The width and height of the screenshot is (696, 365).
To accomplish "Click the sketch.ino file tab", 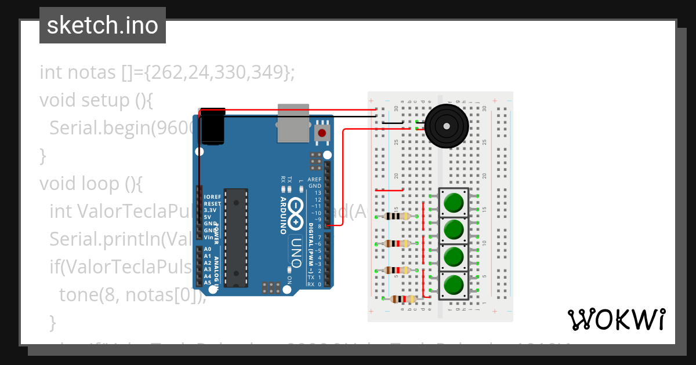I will click(103, 25).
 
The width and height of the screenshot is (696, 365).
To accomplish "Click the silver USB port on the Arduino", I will click(293, 122).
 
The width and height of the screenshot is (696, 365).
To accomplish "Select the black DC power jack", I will click(212, 126).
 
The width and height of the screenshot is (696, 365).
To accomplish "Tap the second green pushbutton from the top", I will click(454, 229).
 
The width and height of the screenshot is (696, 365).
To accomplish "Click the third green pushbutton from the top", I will click(454, 257).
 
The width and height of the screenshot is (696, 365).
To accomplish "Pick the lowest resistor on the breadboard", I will click(403, 300).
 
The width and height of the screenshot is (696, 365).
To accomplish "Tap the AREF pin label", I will click(314, 180).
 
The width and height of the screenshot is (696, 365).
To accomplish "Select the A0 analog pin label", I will click(208, 249).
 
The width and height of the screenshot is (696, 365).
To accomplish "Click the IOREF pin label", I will click(212, 197).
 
